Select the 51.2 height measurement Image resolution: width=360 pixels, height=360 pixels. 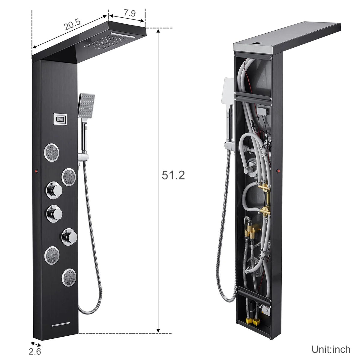173,175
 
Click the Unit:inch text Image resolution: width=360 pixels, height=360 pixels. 331,349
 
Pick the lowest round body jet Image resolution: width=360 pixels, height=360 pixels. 69,277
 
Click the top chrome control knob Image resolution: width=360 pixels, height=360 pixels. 54,190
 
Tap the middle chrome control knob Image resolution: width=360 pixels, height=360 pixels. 54,213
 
